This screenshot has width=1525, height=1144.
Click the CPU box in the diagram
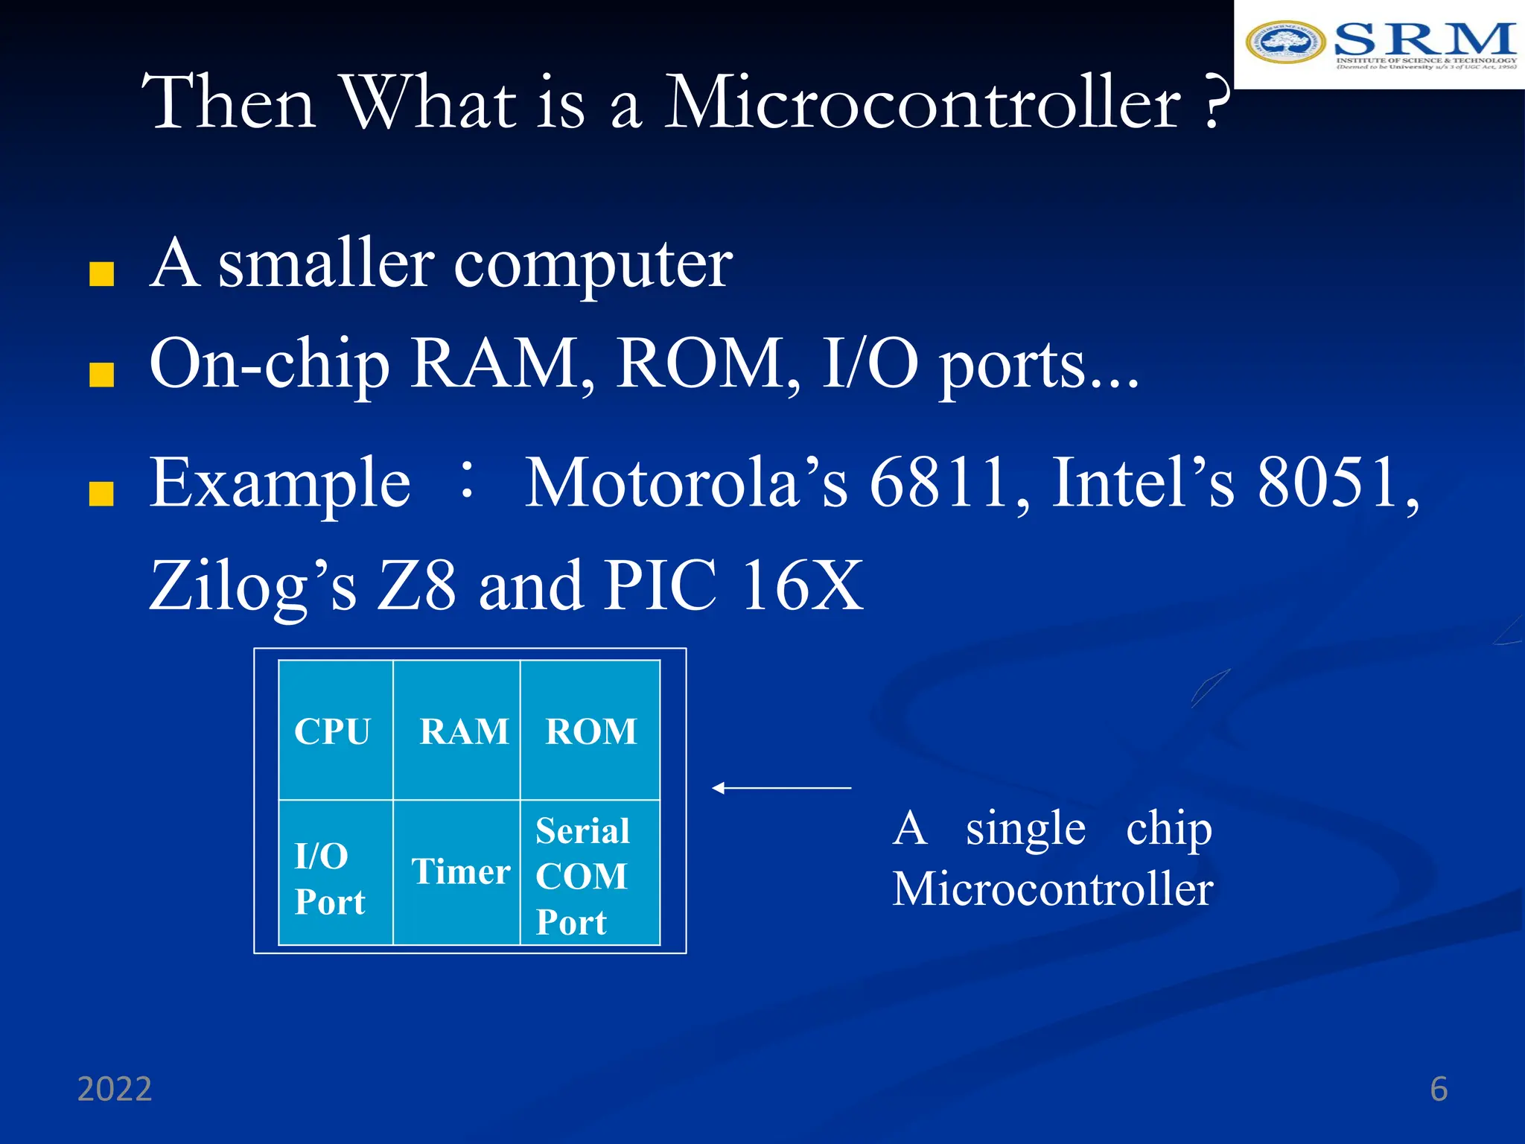(x=336, y=730)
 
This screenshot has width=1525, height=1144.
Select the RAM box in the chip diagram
(x=456, y=730)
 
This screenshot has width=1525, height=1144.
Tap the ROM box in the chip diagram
(x=590, y=730)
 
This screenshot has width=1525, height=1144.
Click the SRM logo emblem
(x=1285, y=42)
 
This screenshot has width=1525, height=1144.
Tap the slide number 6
(x=1439, y=1089)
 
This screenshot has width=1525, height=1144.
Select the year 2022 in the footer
(x=115, y=1089)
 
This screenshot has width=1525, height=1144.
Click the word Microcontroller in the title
(x=922, y=102)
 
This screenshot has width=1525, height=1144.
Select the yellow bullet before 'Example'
(x=101, y=493)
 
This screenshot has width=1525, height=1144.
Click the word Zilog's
(x=253, y=586)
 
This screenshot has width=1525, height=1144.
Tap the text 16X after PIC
(x=803, y=586)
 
